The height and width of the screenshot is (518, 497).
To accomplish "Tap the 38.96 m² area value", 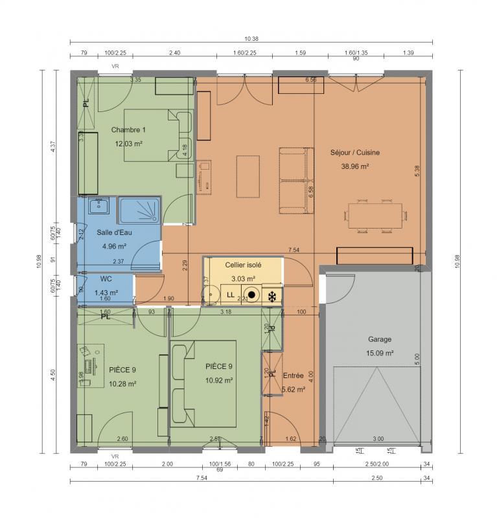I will pyautogui.click(x=354, y=166).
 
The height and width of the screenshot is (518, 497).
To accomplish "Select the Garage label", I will pyautogui.click(x=380, y=339).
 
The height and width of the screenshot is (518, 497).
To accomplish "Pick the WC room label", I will pyautogui.click(x=106, y=279).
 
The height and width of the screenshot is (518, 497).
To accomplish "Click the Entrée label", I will pyautogui.click(x=294, y=376).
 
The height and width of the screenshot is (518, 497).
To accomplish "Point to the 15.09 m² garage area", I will pyautogui.click(x=380, y=353).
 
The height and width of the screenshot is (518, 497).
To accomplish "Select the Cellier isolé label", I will pyautogui.click(x=243, y=265).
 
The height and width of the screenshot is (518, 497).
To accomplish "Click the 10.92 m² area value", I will pyautogui.click(x=219, y=380).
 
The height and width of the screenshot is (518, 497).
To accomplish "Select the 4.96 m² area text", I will pyautogui.click(x=114, y=246).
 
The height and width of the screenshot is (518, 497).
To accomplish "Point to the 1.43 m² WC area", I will pyautogui.click(x=106, y=292).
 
